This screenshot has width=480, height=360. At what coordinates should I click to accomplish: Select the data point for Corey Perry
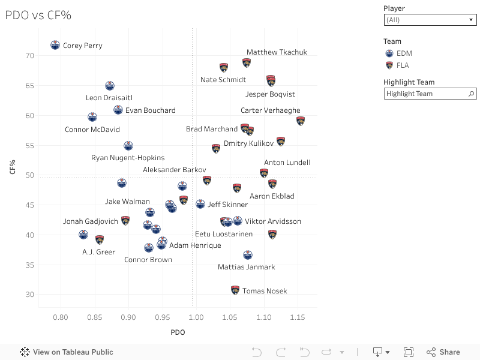tap(55, 45)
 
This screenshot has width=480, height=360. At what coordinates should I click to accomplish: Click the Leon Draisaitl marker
tap(110, 86)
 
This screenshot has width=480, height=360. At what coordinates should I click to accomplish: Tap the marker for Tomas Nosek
tap(235, 290)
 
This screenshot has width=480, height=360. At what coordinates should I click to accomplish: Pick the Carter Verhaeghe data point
tap(301, 121)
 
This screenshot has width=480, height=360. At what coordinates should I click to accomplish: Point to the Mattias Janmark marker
tap(248, 255)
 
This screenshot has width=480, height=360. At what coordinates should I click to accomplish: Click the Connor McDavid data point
tap(92, 117)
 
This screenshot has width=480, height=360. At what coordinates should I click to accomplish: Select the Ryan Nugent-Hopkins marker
tap(128, 146)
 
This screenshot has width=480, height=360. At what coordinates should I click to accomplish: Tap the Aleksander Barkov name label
tap(174, 170)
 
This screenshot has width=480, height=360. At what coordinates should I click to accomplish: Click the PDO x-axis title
tap(178, 332)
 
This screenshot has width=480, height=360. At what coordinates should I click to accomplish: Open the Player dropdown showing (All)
tap(430, 20)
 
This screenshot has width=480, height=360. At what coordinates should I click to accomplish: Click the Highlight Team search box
tap(426, 94)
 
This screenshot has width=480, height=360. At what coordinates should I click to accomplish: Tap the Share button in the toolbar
tap(443, 352)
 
